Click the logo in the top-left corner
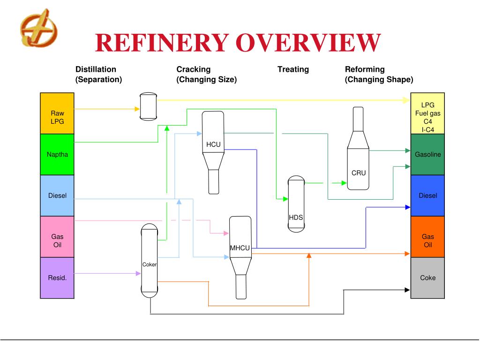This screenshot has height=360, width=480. [39, 28]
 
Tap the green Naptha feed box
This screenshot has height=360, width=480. [57, 154]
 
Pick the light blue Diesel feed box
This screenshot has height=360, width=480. [57, 195]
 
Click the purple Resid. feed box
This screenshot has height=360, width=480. [57, 277]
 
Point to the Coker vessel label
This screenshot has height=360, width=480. [150, 264]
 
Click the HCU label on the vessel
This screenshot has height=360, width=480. [213, 144]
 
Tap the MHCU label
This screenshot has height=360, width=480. [240, 248]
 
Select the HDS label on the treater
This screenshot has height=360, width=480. [296, 217]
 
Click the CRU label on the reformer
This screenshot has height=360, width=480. [359, 173]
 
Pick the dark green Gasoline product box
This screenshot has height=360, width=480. [427, 154]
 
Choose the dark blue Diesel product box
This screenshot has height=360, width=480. [427, 195]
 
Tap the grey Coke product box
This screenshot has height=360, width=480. [427, 277]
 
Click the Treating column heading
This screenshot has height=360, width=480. [293, 69]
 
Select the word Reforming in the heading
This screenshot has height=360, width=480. [365, 69]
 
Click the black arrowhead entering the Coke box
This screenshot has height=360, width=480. [407, 290]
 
